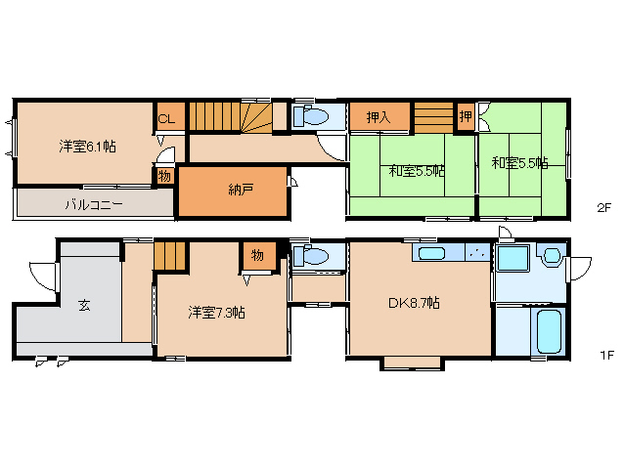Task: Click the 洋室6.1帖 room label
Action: (x=88, y=147)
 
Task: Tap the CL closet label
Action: (x=166, y=119)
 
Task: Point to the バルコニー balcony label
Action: (x=94, y=205)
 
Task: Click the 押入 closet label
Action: (x=379, y=117)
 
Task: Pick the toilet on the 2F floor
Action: (x=311, y=116)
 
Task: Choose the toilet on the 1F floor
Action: (x=311, y=255)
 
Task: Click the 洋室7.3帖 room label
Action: (x=216, y=313)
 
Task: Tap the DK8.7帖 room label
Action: (x=415, y=303)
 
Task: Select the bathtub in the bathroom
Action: (x=549, y=331)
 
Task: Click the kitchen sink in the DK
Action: (x=431, y=253)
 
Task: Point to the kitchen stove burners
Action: (x=477, y=252)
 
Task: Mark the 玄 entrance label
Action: (x=84, y=305)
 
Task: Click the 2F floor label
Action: (x=603, y=208)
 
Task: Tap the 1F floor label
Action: (x=607, y=355)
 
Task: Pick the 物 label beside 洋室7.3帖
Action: (x=257, y=255)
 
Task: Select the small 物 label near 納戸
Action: (x=164, y=176)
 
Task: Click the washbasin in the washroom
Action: (x=552, y=255)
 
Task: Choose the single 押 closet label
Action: (x=466, y=116)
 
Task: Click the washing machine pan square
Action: (x=513, y=258)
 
